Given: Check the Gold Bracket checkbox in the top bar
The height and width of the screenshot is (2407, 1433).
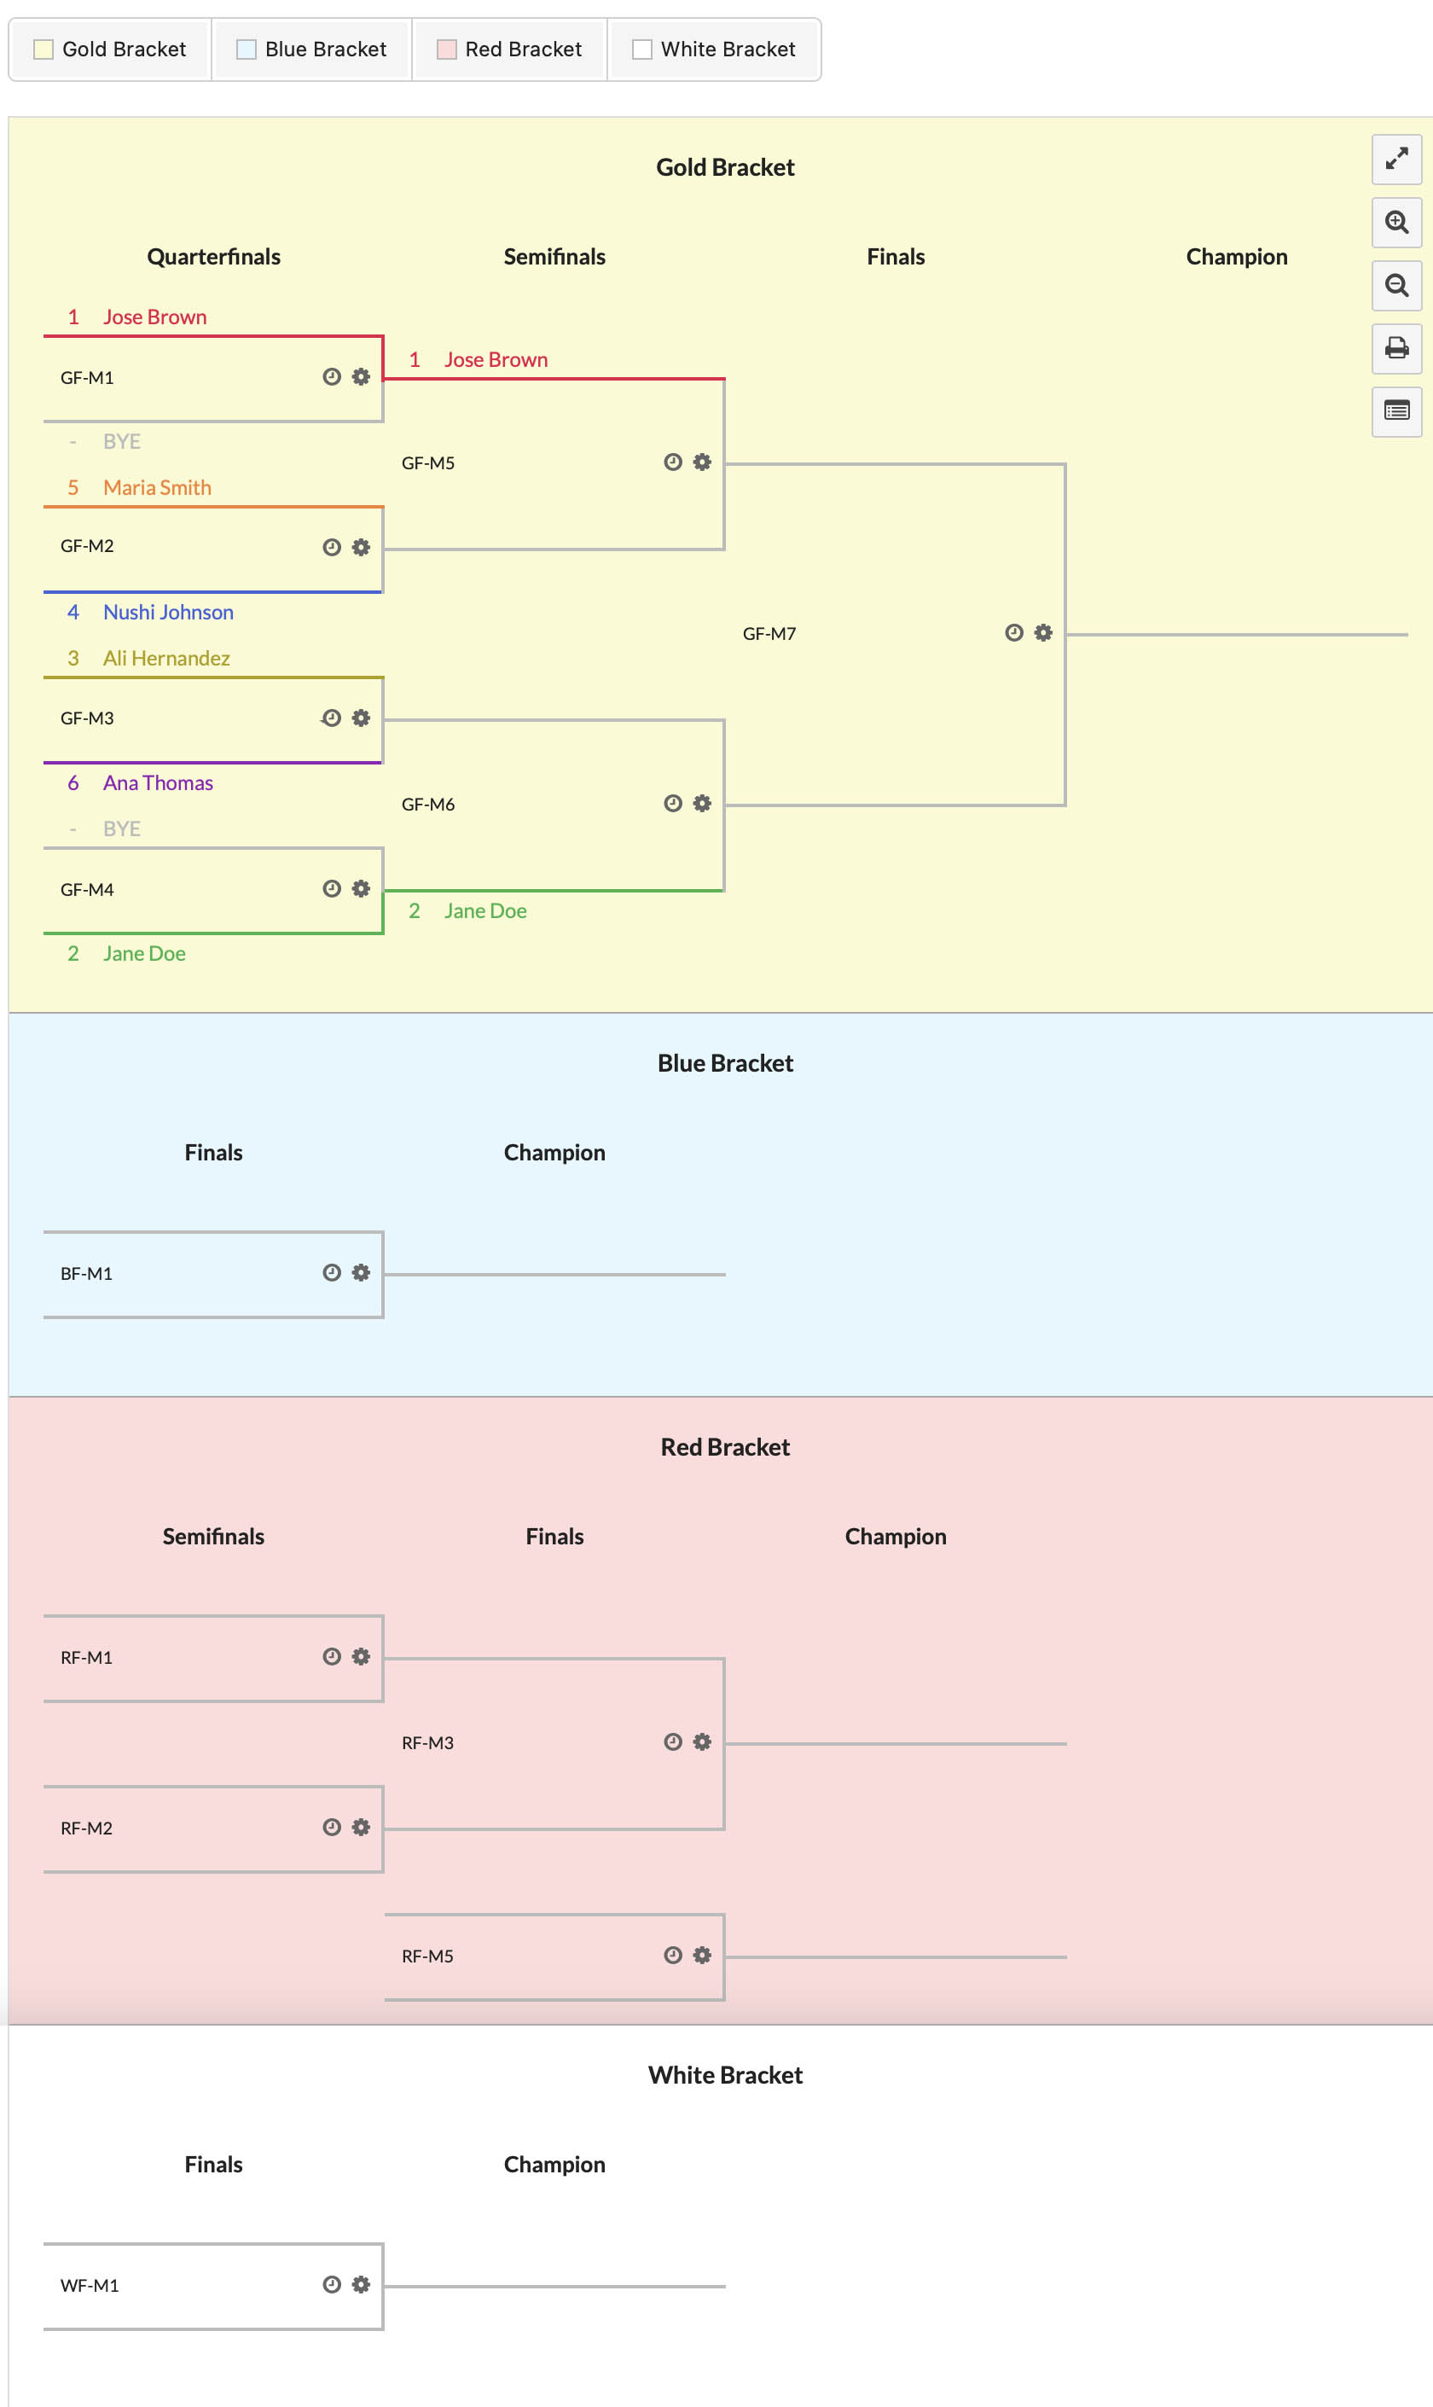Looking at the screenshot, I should (44, 49).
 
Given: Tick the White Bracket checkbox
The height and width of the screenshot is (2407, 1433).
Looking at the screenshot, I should (642, 49).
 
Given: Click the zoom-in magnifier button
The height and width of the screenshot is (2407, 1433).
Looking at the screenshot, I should (1396, 222).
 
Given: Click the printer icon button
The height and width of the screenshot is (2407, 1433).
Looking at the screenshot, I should (1396, 348).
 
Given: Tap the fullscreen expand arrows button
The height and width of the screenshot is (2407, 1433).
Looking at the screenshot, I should (1396, 160).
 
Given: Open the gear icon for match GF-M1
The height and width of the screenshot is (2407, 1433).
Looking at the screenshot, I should (361, 376).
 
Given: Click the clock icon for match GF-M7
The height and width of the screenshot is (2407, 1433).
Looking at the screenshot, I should (1014, 632).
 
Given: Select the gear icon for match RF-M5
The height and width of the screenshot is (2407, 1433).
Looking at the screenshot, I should (702, 1955).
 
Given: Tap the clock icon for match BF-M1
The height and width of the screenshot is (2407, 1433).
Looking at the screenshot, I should (332, 1272).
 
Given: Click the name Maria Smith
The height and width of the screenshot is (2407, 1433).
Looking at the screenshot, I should (158, 488).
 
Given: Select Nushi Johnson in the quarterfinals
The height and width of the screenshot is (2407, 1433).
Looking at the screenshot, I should (168, 613).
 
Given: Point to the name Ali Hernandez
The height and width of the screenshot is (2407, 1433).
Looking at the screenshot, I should (166, 659).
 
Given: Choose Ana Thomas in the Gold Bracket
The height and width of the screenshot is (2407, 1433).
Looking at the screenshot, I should (159, 783).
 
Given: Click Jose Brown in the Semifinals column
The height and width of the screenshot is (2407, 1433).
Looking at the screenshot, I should (496, 360).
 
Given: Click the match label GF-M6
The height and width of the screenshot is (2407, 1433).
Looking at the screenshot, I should (428, 805).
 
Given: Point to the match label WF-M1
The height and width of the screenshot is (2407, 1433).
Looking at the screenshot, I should (90, 2285).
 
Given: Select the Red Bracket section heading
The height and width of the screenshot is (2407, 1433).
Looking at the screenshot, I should (725, 1447).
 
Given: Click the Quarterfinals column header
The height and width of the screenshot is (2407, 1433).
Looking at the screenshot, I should (213, 257).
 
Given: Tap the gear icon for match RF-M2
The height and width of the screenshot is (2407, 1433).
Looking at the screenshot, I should (361, 1828).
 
